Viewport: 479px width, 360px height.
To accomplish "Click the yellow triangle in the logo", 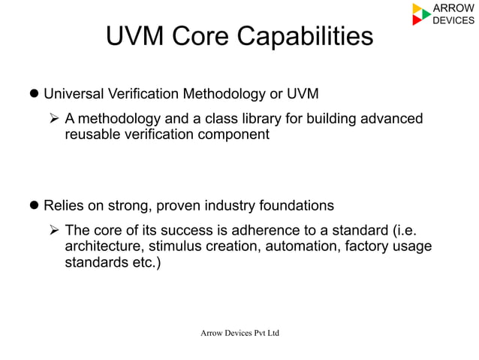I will click(x=417, y=8).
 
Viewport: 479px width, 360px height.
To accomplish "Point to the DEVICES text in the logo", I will click(x=453, y=20).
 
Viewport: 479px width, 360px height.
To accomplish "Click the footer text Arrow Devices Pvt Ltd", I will click(x=239, y=331).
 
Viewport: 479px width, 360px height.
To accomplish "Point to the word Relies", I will click(x=64, y=205).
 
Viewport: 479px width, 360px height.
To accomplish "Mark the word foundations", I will click(x=296, y=205).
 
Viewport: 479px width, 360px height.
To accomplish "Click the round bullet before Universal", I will click(x=33, y=95).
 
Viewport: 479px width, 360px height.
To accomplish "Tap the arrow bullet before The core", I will click(x=54, y=230).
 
